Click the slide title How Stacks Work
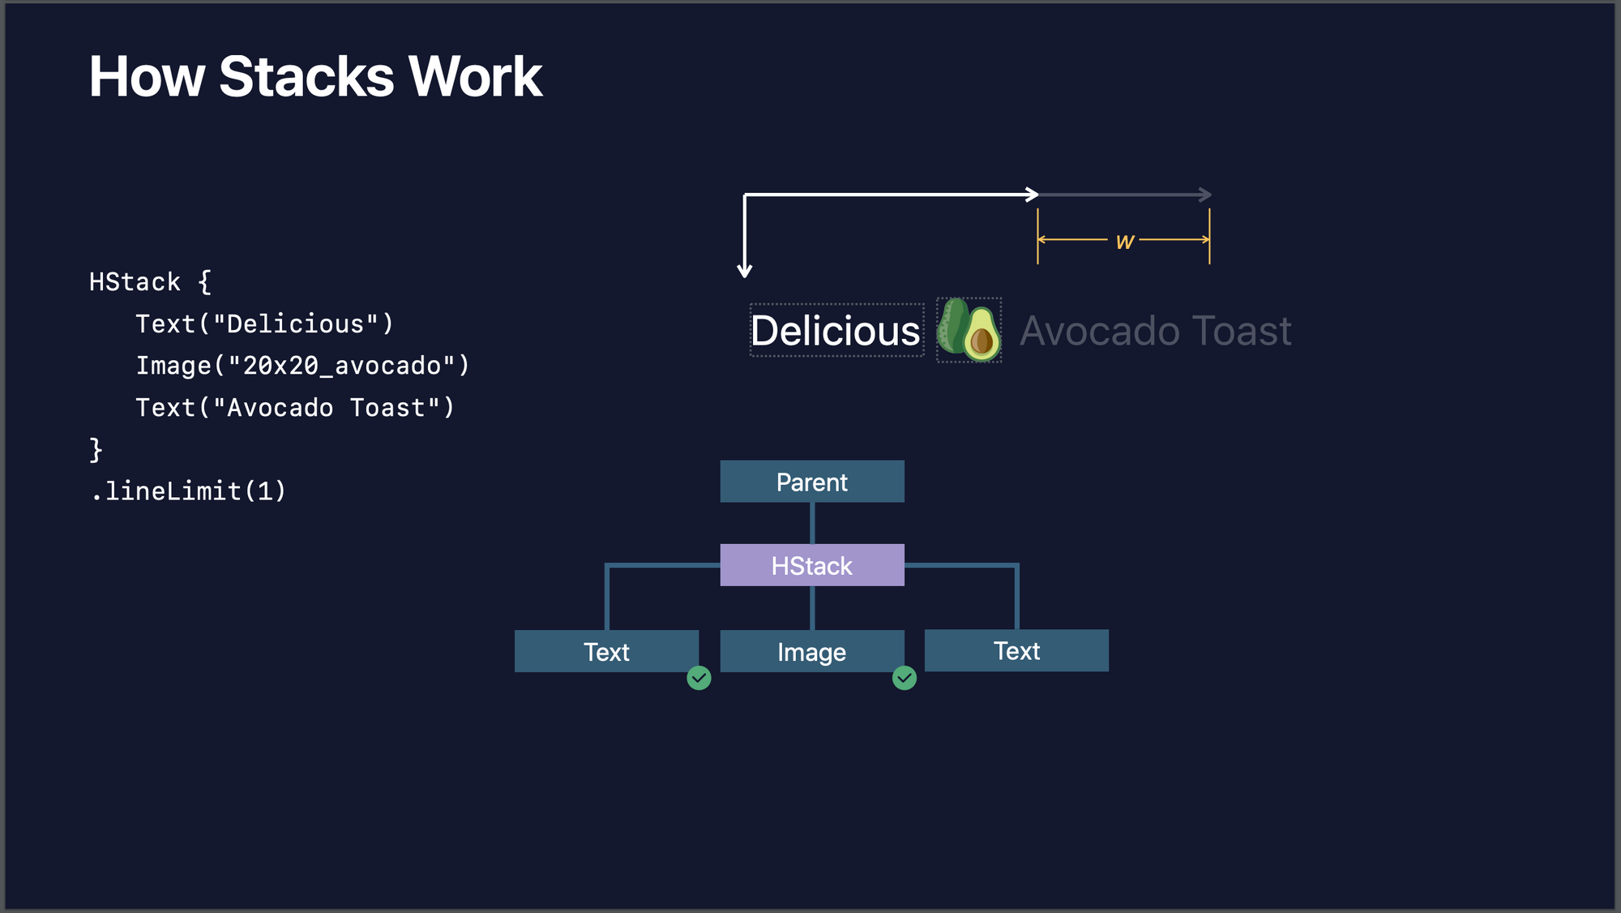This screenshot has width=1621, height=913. click(x=315, y=77)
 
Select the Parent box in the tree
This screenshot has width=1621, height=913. click(x=812, y=482)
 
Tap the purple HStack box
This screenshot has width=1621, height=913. click(x=812, y=565)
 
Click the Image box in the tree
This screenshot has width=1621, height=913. click(x=812, y=651)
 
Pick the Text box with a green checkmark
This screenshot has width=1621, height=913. click(x=606, y=651)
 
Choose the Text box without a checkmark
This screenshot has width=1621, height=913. click(x=1016, y=650)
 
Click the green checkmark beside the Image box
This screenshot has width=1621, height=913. click(x=905, y=678)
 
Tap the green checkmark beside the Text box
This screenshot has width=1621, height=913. click(x=699, y=678)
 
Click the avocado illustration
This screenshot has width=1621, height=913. click(x=969, y=330)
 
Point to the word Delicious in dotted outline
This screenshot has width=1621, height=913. click(x=836, y=331)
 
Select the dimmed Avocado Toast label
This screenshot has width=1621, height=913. click(x=1155, y=331)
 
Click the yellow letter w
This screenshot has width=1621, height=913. click(x=1124, y=241)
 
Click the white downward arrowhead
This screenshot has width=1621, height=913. click(x=745, y=271)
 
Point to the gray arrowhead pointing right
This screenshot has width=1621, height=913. click(x=1206, y=195)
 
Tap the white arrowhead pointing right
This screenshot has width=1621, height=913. click(x=1033, y=195)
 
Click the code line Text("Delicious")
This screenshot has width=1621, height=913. click(x=264, y=324)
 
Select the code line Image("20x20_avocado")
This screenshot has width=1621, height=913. click(x=302, y=366)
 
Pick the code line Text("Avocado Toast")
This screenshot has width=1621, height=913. click(x=295, y=408)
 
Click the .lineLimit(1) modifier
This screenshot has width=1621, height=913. click(x=188, y=491)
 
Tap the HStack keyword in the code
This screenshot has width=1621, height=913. click(x=135, y=282)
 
